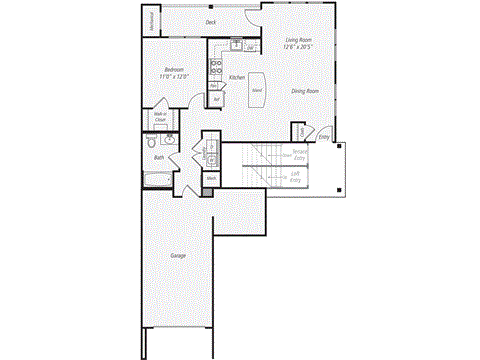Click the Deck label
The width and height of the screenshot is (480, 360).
point(211,21)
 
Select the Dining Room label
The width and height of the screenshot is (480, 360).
point(305,91)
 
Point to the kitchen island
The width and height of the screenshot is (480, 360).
point(257,87)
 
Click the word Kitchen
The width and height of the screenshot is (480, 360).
point(237,77)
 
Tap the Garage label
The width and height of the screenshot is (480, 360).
point(177,256)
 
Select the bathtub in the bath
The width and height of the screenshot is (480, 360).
point(158,181)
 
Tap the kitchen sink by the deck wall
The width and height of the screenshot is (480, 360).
point(236,44)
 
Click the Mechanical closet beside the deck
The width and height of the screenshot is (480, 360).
point(152,22)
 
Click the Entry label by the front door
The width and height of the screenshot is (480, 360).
point(323,136)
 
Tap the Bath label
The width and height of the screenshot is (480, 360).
point(159,158)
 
